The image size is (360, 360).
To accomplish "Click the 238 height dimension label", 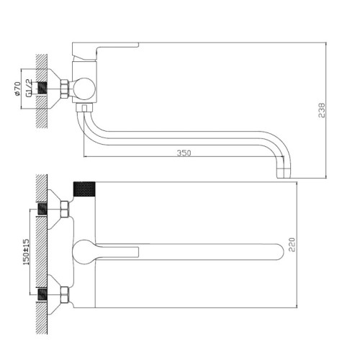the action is [x=322, y=110].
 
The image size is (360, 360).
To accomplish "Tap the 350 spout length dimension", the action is [x=184, y=153].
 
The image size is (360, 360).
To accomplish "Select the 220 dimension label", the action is [x=292, y=245].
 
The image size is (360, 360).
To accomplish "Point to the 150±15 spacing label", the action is [x=26, y=252].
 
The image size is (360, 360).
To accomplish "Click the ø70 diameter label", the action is [x=17, y=89].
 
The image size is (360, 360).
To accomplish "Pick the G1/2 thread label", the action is [x=29, y=88].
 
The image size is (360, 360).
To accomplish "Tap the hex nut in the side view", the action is [x=64, y=89].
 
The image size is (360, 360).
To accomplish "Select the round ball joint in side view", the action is [x=84, y=89].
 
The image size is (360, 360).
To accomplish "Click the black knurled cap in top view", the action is [x=84, y=189].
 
